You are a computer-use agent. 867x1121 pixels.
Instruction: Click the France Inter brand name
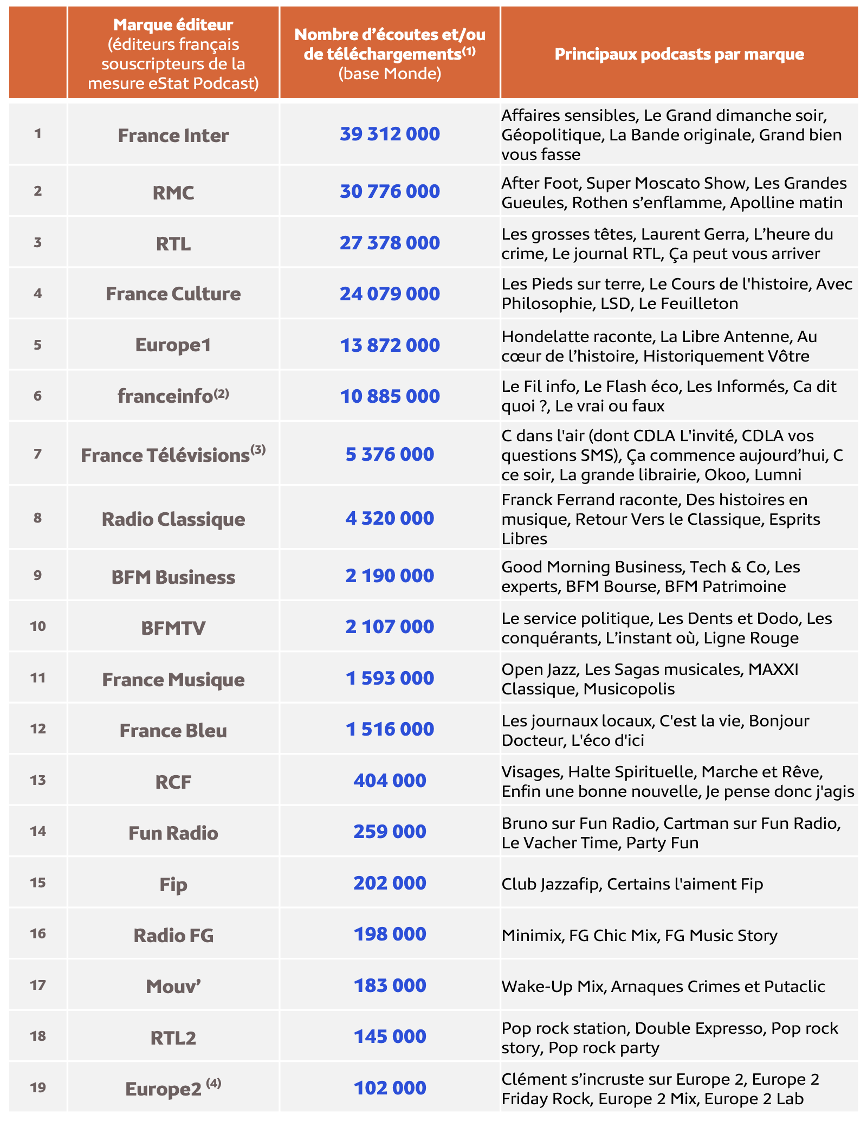pos(173,135)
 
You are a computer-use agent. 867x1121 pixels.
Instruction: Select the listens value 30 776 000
pos(390,191)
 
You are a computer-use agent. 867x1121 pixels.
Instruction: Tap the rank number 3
pos(37,242)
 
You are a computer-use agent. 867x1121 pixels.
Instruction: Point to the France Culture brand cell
pos(173,293)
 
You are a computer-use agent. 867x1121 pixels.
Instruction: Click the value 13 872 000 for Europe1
pos(390,345)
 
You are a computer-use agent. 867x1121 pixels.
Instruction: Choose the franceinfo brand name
pos(165,396)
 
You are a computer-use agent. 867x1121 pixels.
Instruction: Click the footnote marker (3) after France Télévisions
pos(258,449)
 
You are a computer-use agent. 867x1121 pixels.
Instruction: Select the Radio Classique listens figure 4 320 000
pos(390,518)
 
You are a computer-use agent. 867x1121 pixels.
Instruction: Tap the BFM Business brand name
pos(173,577)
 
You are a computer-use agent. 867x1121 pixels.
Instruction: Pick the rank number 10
pos(37,627)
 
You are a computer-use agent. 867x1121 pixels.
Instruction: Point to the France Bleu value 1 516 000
pos(390,729)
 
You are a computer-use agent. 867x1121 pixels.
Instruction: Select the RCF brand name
pos(173,782)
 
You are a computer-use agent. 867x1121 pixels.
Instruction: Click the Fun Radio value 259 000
pos(390,832)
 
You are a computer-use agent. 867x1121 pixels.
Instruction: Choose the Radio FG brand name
pos(173,935)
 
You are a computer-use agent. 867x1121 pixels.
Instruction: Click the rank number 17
pos(37,985)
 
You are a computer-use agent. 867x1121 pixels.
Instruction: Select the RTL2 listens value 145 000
pos(390,1036)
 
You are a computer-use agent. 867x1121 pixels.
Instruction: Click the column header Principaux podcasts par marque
pos(679,54)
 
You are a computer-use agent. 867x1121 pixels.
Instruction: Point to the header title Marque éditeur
pos(173,24)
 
